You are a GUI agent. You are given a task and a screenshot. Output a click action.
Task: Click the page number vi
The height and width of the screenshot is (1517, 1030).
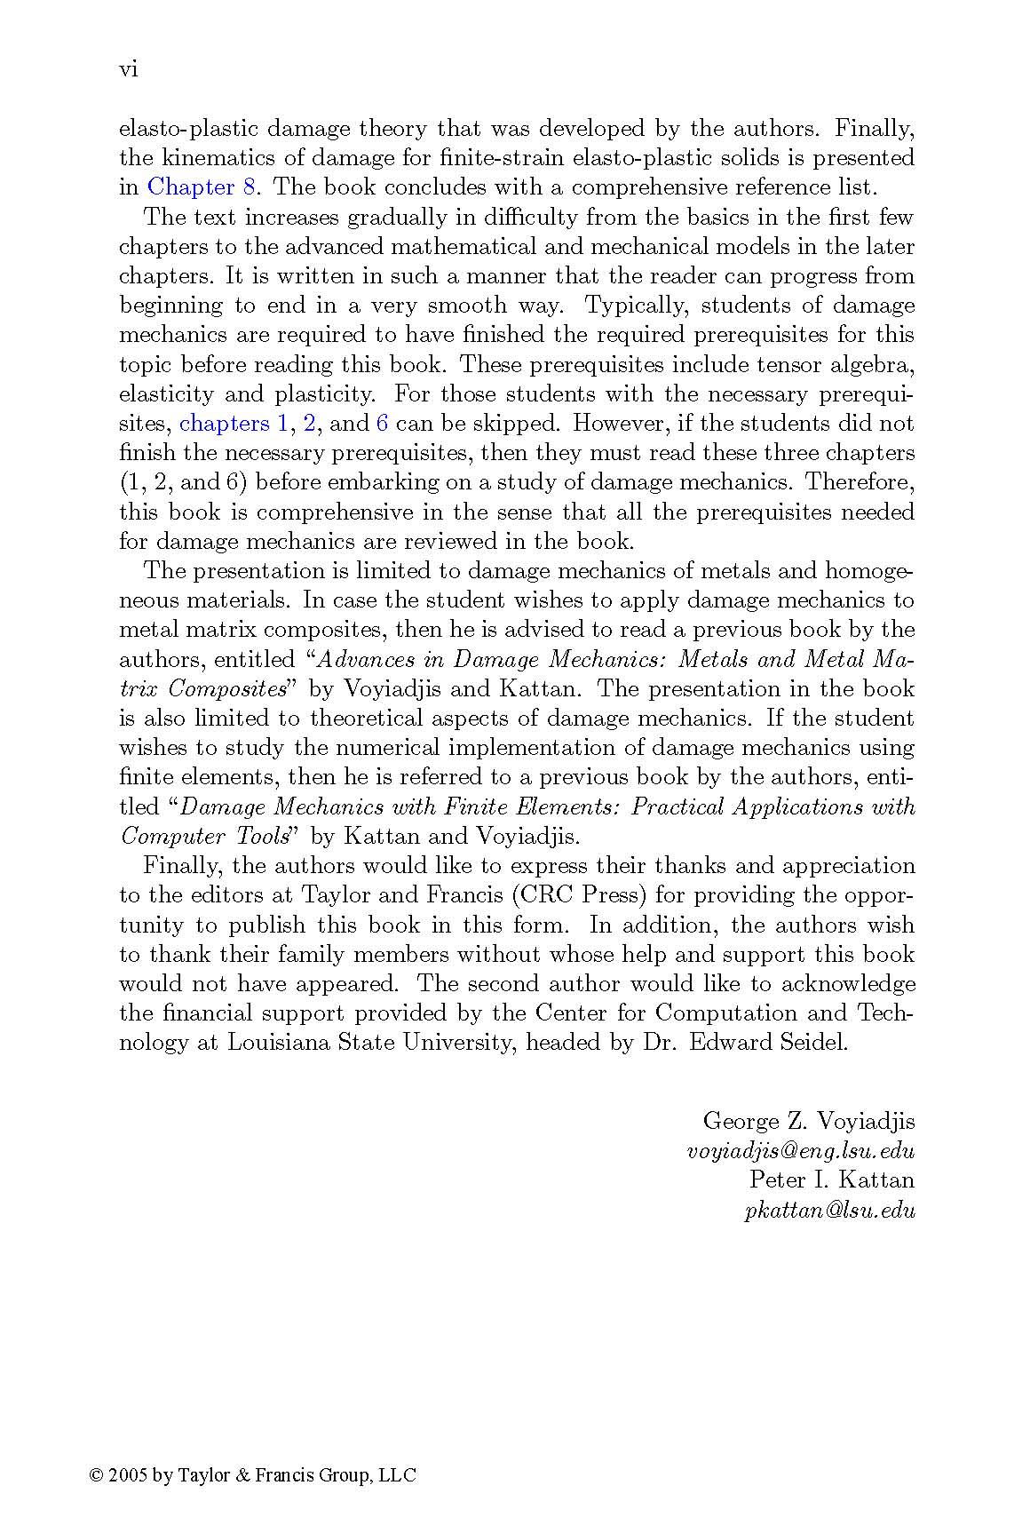128,70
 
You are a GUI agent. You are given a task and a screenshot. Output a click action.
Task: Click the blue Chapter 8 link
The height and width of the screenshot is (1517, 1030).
201,187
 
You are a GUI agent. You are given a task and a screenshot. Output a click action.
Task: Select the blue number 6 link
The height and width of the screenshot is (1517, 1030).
383,424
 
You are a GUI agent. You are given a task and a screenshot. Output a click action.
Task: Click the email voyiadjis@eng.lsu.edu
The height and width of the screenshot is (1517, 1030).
800,1151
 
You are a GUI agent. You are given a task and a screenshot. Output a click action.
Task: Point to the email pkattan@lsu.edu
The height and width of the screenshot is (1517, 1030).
829,1210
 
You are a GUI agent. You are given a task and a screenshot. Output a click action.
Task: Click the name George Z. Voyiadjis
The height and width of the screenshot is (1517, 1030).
808,1121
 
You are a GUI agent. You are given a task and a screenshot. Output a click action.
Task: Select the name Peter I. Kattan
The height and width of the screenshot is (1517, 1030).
831,1180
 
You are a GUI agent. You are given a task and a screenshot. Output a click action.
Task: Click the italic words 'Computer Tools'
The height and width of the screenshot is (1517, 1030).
206,837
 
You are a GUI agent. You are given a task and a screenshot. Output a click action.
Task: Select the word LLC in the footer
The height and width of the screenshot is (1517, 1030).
397,1475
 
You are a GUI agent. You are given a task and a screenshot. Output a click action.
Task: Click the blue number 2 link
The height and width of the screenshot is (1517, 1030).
310,424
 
